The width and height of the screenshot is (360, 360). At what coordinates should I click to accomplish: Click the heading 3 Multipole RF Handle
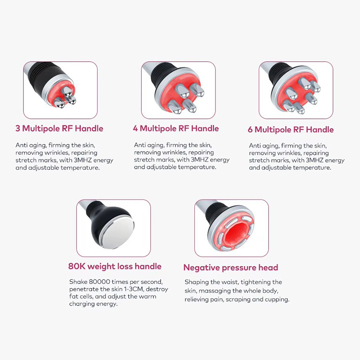(59, 129)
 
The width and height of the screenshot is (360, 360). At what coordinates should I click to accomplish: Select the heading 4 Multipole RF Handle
(175, 128)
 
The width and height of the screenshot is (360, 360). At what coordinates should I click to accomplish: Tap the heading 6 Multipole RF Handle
(291, 130)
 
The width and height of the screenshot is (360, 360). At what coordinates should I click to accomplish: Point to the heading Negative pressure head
(230, 267)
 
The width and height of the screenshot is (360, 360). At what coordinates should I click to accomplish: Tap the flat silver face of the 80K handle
(118, 234)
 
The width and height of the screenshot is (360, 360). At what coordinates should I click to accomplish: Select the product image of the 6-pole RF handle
(296, 90)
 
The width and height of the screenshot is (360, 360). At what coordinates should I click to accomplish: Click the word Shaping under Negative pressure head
(196, 282)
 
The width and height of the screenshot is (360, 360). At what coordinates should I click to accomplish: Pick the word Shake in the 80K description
(77, 281)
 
